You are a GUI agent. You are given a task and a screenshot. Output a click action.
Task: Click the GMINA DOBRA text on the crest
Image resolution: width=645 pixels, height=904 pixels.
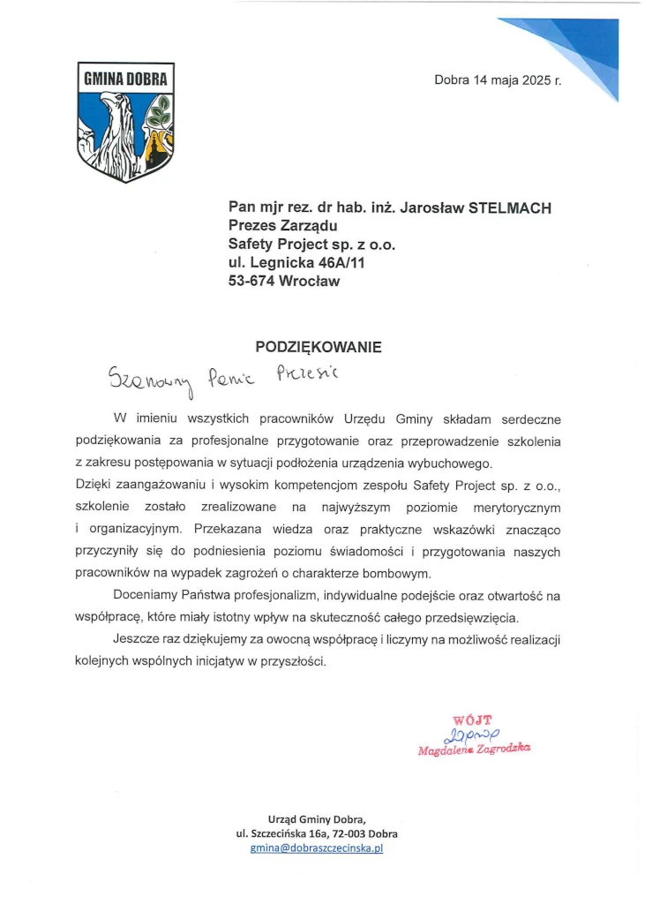124,77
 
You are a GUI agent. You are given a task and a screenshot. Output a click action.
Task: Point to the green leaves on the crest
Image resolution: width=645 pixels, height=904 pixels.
160,112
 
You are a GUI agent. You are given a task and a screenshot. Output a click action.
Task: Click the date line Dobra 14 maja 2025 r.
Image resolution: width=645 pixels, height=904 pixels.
498,80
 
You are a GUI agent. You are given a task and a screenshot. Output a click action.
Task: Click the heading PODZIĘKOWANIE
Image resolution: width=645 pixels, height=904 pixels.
319,347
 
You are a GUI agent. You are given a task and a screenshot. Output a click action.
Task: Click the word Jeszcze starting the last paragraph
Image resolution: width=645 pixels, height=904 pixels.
135,637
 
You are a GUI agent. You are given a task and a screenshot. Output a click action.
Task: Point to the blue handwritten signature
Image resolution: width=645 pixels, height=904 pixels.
475,734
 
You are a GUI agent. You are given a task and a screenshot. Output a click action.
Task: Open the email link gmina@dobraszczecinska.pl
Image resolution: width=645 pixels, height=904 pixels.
317,848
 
